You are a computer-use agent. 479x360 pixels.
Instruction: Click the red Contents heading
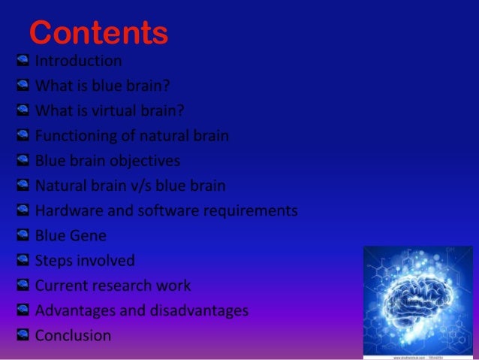pyautogui.click(x=98, y=32)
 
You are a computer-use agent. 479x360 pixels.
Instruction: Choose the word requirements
pyautogui.click(x=252, y=210)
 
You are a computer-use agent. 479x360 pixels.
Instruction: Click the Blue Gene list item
pyautogui.click(x=70, y=236)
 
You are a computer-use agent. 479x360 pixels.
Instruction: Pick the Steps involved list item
pyautogui.click(x=85, y=261)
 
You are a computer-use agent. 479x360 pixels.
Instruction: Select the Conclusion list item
pyautogui.click(x=73, y=335)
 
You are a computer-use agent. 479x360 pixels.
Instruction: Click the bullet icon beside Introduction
pyautogui.click(x=22, y=61)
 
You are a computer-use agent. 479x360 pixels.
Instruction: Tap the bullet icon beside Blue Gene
pyautogui.click(x=22, y=235)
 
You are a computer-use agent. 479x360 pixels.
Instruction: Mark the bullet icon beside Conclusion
pyautogui.click(x=22, y=334)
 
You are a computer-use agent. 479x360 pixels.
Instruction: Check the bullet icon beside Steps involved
pyautogui.click(x=22, y=260)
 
